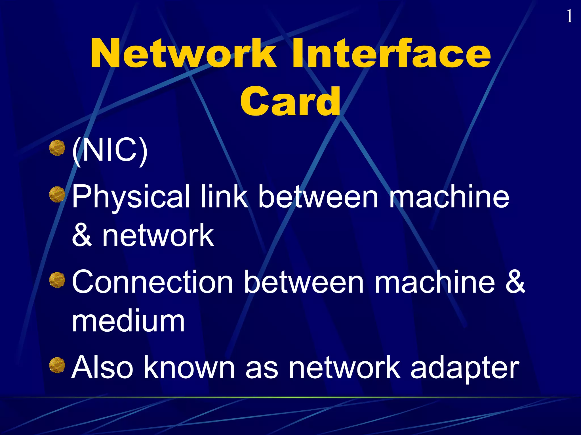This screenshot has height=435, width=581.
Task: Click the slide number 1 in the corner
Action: point(569,16)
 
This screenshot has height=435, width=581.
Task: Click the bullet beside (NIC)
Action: point(57,148)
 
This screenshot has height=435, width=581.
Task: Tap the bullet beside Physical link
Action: point(57,195)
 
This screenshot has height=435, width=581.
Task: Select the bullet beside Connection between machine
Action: point(57,280)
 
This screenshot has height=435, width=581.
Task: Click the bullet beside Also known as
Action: point(57,365)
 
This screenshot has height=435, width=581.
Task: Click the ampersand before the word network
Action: point(82,235)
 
